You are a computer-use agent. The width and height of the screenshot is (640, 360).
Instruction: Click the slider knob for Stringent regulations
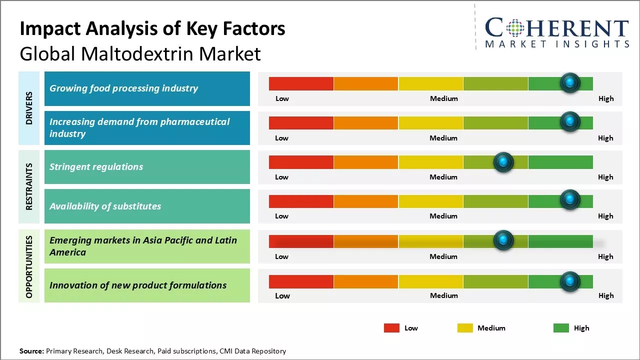click(x=503, y=162)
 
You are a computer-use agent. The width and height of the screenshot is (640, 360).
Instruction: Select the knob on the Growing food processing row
click(x=570, y=83)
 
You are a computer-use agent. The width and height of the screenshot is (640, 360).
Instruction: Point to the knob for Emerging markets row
click(x=503, y=240)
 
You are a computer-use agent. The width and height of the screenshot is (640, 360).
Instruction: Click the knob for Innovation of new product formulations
click(x=570, y=281)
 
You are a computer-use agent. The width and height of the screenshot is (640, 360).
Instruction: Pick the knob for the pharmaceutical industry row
click(x=570, y=122)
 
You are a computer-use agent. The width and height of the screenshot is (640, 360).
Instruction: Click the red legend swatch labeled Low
click(x=391, y=328)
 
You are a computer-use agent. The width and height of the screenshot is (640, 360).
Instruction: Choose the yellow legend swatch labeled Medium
click(x=465, y=328)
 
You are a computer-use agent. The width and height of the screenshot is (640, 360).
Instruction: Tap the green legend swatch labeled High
click(x=561, y=328)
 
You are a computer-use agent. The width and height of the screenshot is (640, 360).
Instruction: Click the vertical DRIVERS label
click(x=29, y=108)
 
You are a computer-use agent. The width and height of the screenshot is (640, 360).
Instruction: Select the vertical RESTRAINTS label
click(x=29, y=186)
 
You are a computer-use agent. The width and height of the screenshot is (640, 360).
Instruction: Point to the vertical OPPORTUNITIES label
click(x=29, y=266)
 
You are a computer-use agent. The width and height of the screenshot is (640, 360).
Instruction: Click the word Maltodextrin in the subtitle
click(x=136, y=54)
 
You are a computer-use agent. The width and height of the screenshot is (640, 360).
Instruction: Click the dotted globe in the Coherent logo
click(x=514, y=28)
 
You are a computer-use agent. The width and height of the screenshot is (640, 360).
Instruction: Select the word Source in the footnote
click(x=31, y=351)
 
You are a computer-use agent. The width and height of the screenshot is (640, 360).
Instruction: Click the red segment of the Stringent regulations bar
click(x=301, y=162)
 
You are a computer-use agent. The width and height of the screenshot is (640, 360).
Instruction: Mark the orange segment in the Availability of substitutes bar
click(x=365, y=201)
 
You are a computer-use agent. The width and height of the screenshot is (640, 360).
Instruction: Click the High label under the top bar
click(x=606, y=98)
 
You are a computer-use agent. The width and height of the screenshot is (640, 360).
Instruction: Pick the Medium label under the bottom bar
click(x=444, y=295)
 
